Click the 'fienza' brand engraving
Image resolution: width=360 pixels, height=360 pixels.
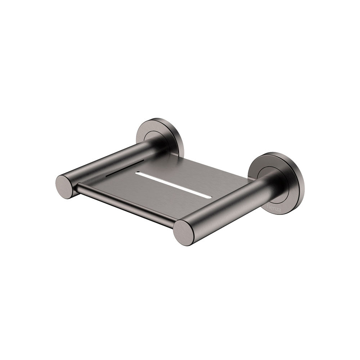[273, 208]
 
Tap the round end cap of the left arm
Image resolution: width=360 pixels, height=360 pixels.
[65, 187]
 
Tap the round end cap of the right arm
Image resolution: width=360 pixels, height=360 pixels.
[184, 233]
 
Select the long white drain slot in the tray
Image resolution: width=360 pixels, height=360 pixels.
[172, 184]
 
